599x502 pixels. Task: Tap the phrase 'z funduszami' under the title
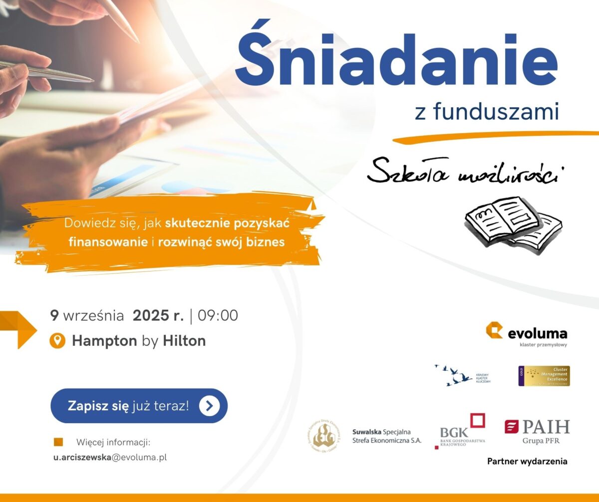[486, 111]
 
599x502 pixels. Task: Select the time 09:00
[218, 316]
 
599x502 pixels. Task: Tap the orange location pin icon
[58, 341]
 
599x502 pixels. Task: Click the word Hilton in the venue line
[184, 341]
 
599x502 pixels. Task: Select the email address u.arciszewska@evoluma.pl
[110, 457]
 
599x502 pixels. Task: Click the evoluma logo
[527, 333]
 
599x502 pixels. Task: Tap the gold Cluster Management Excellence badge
[544, 376]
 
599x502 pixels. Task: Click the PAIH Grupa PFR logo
[537, 431]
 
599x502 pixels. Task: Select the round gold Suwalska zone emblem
[323, 434]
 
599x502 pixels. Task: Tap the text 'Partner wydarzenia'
[527, 461]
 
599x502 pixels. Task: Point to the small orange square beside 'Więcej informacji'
[58, 442]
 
